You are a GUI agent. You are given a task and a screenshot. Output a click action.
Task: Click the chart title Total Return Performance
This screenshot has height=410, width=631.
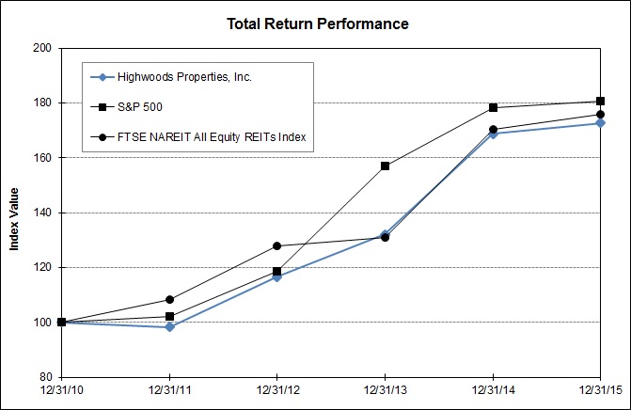(317, 24)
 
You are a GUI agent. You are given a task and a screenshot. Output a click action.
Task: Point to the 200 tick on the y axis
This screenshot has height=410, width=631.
(41, 47)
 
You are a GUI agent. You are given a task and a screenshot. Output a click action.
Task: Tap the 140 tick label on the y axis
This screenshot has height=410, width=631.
(41, 213)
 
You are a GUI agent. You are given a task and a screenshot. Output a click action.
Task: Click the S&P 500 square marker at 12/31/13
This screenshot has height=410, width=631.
(385, 166)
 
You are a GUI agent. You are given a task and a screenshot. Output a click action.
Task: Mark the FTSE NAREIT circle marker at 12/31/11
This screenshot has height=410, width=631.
(169, 300)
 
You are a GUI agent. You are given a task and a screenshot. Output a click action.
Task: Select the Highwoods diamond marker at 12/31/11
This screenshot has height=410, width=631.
(169, 327)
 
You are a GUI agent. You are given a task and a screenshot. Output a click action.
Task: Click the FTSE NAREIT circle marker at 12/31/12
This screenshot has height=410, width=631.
(276, 246)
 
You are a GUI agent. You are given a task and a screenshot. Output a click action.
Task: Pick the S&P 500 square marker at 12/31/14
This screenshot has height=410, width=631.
(493, 108)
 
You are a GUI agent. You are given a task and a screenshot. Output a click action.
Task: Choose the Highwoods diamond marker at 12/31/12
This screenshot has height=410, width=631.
(276, 277)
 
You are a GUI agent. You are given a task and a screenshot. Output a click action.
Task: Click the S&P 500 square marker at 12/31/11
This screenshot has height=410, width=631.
(169, 317)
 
